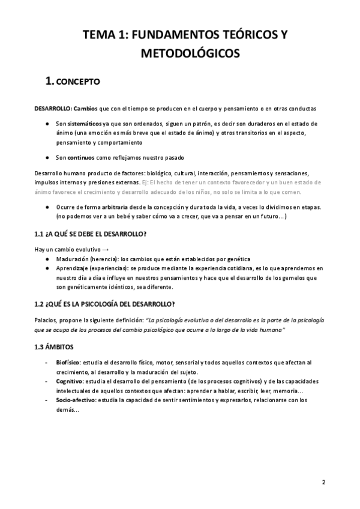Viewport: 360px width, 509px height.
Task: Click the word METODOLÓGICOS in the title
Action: pyautogui.click(x=191, y=54)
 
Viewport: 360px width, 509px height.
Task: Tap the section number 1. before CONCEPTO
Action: pyautogui.click(x=46, y=81)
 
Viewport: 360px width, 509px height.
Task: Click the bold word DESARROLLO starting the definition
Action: pyautogui.click(x=52, y=108)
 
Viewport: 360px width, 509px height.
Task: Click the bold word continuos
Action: pyautogui.click(x=81, y=158)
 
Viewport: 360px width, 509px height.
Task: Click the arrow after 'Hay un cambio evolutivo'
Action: pyautogui.click(x=106, y=249)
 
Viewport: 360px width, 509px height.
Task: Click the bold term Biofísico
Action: pyautogui.click(x=68, y=363)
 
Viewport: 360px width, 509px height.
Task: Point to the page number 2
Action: pyautogui.click(x=323, y=481)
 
